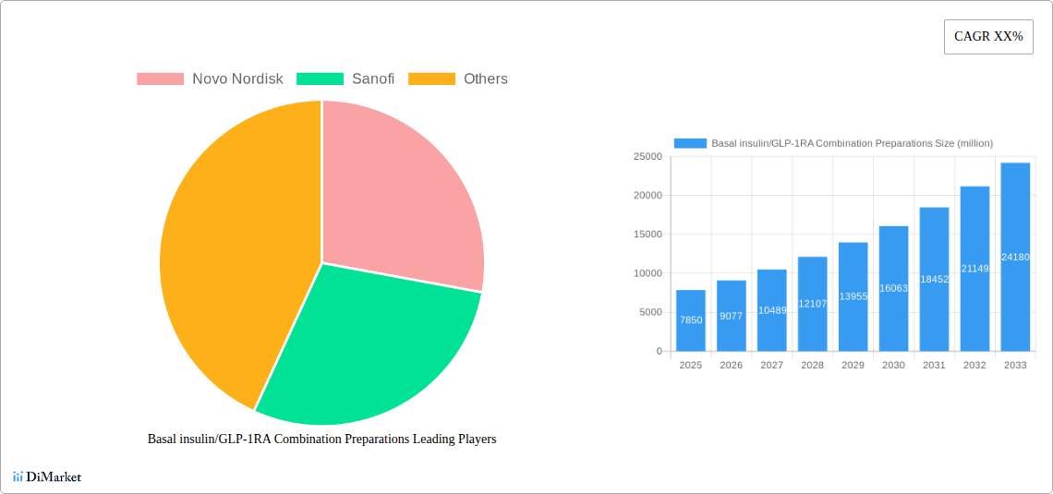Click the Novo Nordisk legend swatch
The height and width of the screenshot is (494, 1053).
pos(160,79)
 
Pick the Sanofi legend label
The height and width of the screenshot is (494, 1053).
pos(373,79)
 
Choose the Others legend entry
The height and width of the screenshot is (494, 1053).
pos(485,79)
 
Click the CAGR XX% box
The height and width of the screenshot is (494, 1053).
pos(988,37)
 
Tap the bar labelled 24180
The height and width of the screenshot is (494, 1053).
pos(1015,257)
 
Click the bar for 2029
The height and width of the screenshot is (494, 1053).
pos(853,296)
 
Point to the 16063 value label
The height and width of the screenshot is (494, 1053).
pos(893,289)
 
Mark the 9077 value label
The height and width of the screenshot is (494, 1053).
pos(731,316)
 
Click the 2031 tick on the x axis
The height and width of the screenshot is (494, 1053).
pos(934,366)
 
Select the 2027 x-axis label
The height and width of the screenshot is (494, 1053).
pos(771,366)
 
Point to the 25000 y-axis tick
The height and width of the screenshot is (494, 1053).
pos(647,157)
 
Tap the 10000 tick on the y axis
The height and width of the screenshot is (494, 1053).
pos(647,273)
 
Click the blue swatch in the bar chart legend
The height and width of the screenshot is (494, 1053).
pos(690,143)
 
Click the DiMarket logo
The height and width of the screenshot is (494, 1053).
pos(47,476)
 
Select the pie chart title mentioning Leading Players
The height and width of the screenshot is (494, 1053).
pos(321,440)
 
